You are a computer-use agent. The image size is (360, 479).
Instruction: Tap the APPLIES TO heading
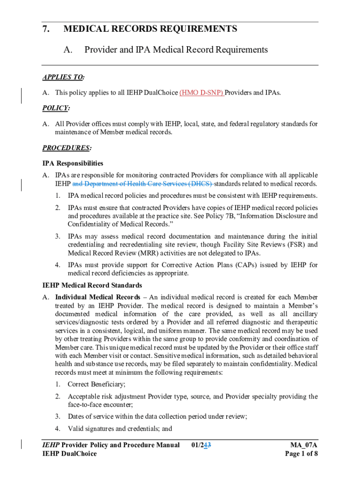point(60,77)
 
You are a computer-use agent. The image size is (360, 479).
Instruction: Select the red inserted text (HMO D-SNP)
point(202,93)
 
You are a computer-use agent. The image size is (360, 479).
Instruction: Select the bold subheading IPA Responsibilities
point(72,164)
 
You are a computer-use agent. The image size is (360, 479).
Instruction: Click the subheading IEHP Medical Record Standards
point(92,285)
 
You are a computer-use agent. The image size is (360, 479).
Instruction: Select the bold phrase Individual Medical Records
point(97,297)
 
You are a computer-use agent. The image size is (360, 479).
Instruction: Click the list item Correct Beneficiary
point(96,385)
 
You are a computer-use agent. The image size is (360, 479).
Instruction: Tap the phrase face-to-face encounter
point(100,405)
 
